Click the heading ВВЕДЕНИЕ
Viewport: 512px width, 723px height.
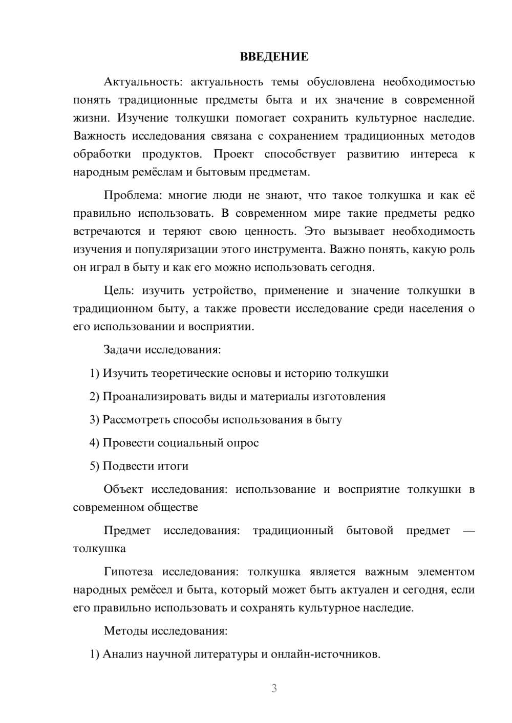(274, 57)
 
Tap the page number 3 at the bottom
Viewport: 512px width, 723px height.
(274, 688)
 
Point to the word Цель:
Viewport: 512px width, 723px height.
(119, 290)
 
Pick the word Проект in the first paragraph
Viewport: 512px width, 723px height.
(233, 154)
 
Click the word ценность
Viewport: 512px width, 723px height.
(270, 231)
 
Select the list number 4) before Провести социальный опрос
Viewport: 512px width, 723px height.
(94, 443)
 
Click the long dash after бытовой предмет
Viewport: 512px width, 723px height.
(468, 530)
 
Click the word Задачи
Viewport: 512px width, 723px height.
(122, 350)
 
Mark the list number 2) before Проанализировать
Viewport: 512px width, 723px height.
(94, 396)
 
